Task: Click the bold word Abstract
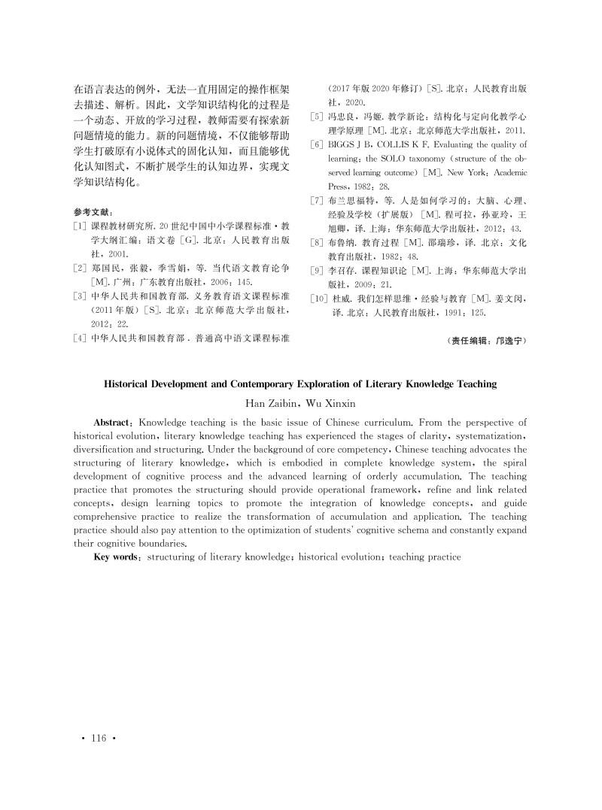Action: click(x=115, y=423)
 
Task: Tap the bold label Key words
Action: click(x=117, y=557)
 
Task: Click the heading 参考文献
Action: click(x=92, y=213)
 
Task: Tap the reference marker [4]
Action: click(x=80, y=338)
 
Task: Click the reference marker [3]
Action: click(x=80, y=296)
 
